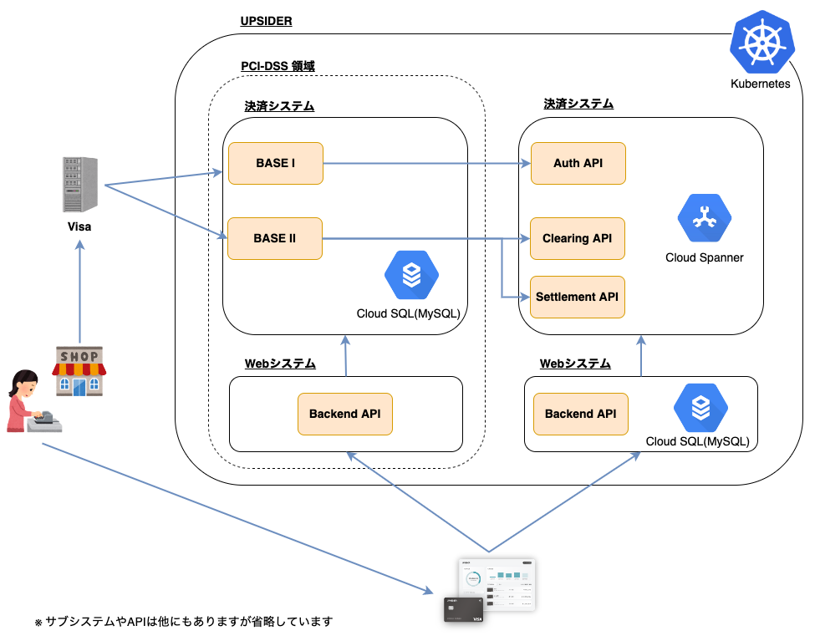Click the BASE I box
(x=276, y=163)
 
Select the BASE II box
(x=275, y=238)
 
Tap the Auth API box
(x=578, y=163)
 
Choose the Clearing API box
(x=578, y=238)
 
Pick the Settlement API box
(x=578, y=297)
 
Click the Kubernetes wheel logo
(x=762, y=43)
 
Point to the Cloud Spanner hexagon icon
(x=705, y=218)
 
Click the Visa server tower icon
(x=80, y=185)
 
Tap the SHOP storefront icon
(x=79, y=371)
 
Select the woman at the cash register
(x=33, y=401)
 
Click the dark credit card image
(x=464, y=610)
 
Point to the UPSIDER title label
(x=266, y=21)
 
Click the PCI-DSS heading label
(x=278, y=66)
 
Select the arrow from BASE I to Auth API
(x=427, y=164)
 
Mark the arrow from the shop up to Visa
(x=79, y=292)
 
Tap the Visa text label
(x=79, y=226)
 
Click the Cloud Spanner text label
(x=705, y=257)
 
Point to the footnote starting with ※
(x=184, y=621)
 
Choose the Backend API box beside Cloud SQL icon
(x=580, y=415)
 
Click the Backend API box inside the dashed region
(x=345, y=415)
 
